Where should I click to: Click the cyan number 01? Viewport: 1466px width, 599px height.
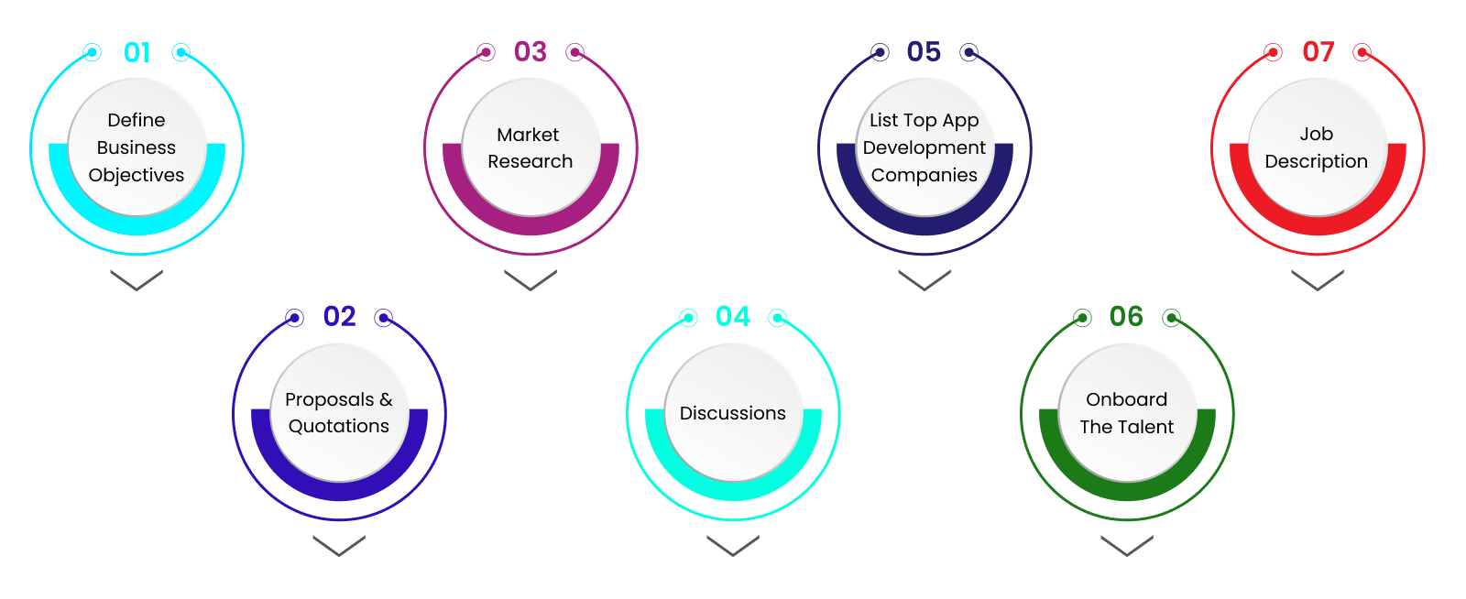tap(137, 52)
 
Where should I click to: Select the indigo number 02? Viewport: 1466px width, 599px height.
tap(339, 316)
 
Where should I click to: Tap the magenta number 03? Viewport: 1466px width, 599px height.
tap(531, 51)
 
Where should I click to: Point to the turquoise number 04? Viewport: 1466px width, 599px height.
tap(733, 316)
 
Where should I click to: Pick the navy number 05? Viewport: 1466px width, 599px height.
tap(924, 51)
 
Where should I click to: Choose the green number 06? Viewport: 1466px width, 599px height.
tap(1126, 316)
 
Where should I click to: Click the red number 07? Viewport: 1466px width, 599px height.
tap(1318, 51)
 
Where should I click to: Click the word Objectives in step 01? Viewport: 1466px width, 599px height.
tap(137, 175)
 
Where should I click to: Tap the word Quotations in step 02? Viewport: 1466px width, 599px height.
tap(339, 426)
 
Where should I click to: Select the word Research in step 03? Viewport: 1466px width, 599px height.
tap(531, 161)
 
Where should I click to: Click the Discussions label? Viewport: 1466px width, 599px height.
tap(733, 413)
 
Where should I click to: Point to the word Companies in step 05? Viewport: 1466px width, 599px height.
tap(924, 175)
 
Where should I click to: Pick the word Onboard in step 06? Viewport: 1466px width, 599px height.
tap(1127, 399)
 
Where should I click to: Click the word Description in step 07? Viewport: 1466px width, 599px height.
tap(1317, 161)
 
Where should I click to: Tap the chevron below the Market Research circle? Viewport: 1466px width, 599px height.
tap(531, 279)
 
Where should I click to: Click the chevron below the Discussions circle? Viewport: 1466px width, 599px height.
tap(733, 545)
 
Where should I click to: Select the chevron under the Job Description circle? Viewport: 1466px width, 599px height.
tap(1318, 279)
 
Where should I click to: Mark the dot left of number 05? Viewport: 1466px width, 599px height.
tap(880, 52)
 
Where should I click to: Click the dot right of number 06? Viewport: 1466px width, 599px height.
tap(1171, 318)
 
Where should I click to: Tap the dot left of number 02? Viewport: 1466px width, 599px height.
tap(294, 318)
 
